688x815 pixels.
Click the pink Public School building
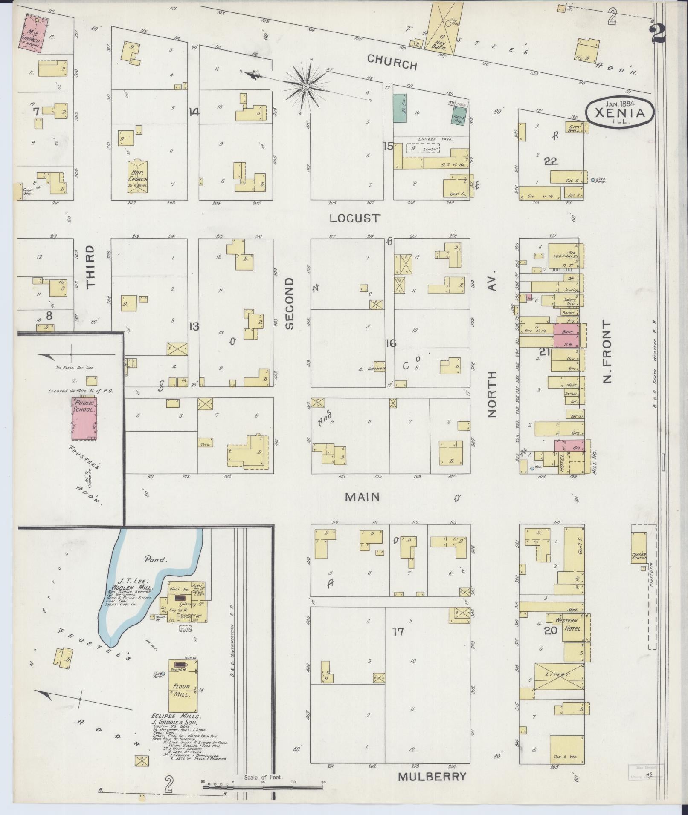[x=84, y=418]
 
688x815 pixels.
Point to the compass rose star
[x=306, y=86]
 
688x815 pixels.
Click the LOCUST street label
[x=355, y=219]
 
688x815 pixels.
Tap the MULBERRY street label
[x=432, y=776]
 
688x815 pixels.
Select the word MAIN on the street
[x=362, y=497]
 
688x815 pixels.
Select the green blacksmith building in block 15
[x=399, y=108]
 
